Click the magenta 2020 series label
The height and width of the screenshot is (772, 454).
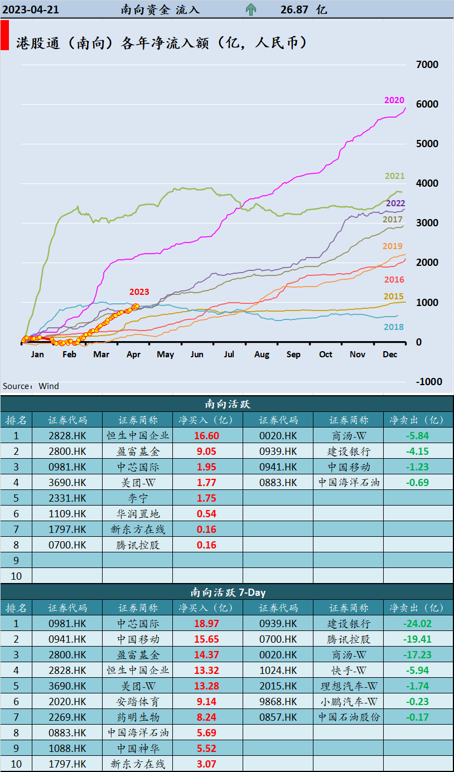click(394, 100)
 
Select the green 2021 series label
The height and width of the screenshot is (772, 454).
click(394, 176)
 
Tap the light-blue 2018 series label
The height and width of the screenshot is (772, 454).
click(394, 327)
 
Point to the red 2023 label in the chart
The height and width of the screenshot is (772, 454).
click(139, 292)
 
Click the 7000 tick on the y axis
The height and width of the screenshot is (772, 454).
click(427, 65)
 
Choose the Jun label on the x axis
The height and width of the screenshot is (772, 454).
click(197, 355)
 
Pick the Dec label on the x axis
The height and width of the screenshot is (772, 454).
click(389, 355)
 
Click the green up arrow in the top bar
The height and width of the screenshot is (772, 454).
click(251, 9)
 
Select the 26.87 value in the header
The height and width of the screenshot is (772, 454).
click(294, 9)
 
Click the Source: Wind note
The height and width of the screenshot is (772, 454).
click(31, 386)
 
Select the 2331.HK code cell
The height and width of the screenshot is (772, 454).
click(67, 498)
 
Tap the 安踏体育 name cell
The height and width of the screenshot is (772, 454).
click(138, 702)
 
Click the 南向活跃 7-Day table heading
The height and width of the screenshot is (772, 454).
click(228, 593)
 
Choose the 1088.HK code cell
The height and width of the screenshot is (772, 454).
click(67, 749)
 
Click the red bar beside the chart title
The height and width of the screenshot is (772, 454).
click(4, 36)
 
